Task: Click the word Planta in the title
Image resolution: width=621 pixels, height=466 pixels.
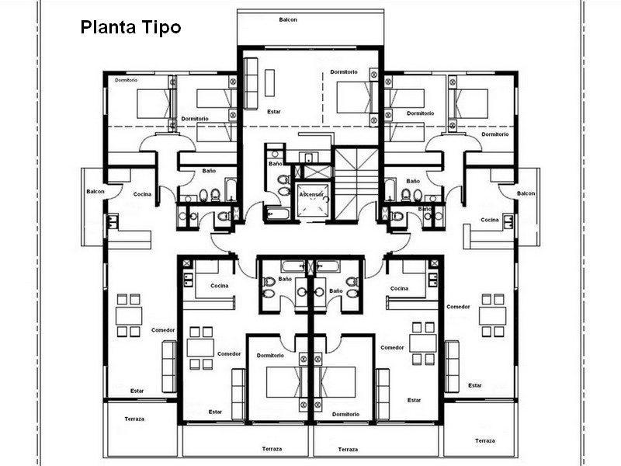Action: click(106, 28)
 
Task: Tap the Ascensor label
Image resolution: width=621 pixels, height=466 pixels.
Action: click(311, 195)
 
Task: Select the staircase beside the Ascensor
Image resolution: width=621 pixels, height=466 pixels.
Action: click(356, 183)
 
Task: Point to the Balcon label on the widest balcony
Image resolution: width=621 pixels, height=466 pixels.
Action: click(288, 19)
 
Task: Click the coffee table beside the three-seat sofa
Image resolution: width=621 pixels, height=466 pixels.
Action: click(269, 82)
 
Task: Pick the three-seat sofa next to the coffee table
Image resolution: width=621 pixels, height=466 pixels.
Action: click(251, 84)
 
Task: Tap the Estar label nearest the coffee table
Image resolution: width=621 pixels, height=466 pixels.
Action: click(274, 112)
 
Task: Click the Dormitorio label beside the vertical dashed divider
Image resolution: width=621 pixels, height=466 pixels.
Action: click(344, 71)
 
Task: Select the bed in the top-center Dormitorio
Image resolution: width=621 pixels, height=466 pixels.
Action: click(355, 98)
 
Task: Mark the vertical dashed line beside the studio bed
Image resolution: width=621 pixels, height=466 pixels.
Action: click(323, 98)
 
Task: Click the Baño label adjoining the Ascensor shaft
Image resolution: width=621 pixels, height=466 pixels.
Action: click(276, 164)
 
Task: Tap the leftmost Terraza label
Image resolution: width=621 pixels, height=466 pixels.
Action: click(134, 419)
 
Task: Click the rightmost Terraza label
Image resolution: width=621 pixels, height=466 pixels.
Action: click(485, 440)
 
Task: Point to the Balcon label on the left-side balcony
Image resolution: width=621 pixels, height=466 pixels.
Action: click(95, 191)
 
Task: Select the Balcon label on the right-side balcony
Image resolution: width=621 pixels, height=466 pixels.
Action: click(526, 193)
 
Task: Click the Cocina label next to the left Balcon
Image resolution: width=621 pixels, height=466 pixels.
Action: click(142, 194)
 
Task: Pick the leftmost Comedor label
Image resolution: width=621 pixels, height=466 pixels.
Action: click(163, 330)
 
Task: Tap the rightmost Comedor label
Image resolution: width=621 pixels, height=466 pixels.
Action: click(458, 306)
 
